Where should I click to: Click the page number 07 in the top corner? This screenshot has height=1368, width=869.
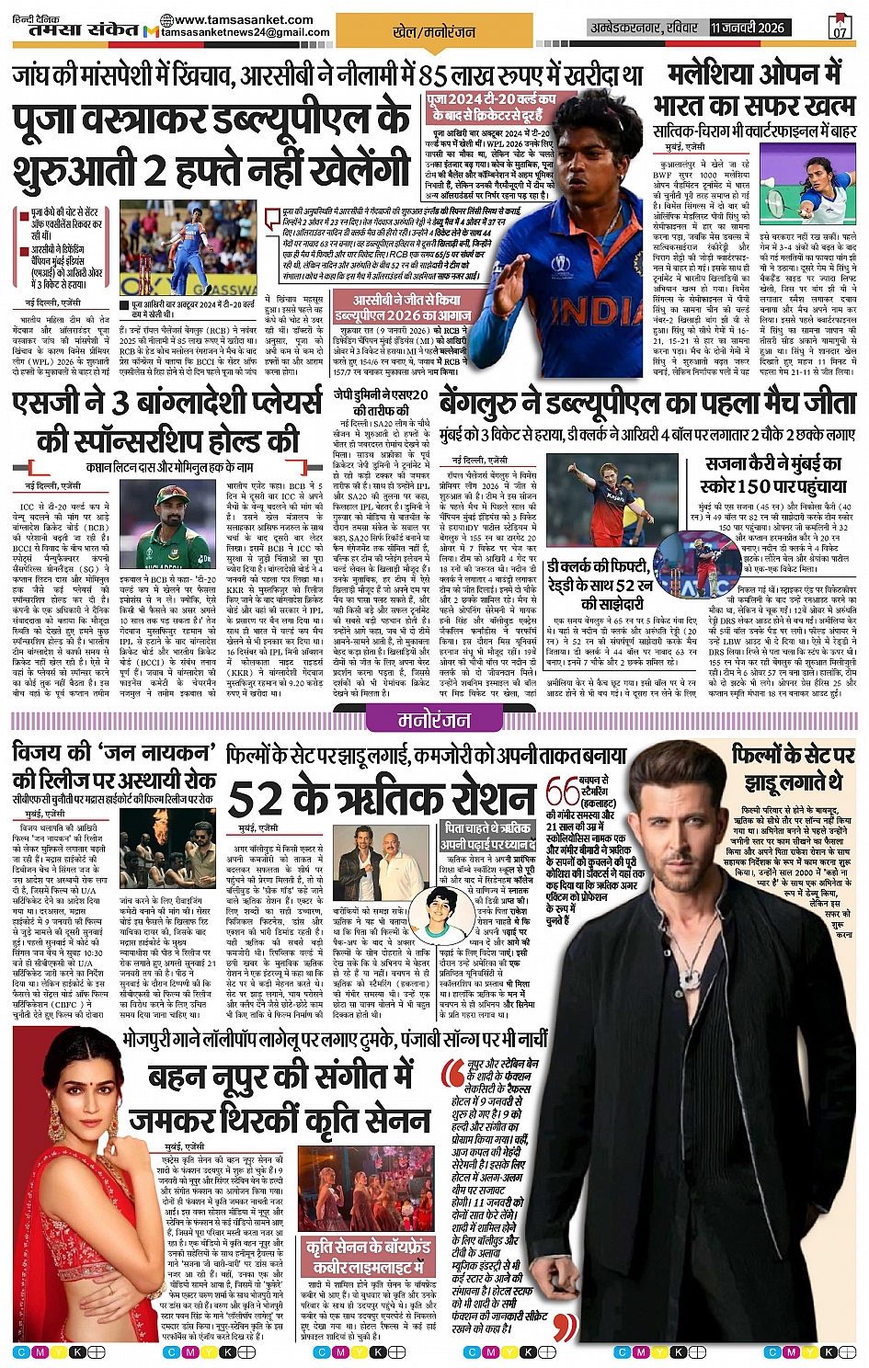coord(840,28)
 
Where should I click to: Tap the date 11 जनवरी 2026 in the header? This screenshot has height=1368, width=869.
coord(747,28)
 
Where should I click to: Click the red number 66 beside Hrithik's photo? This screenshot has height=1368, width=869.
coord(562,792)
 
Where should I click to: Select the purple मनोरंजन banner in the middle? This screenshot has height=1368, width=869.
coord(434,720)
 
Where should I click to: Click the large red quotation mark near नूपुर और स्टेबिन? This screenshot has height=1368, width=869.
coord(452,1074)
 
